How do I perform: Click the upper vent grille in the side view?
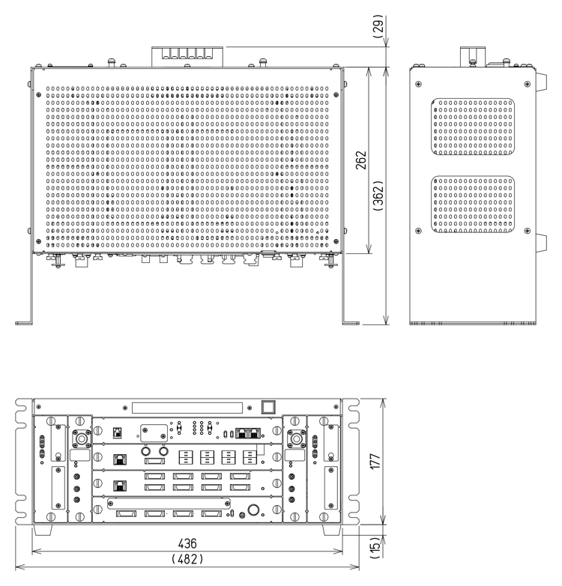(x=473, y=127)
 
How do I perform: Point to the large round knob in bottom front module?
(x=253, y=512)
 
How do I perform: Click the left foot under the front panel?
(x=40, y=529)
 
